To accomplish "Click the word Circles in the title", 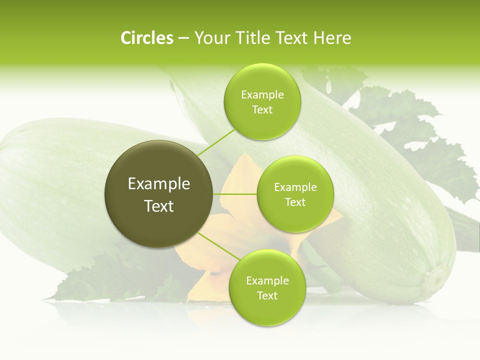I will pos(147,38).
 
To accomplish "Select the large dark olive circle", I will pos(159,194).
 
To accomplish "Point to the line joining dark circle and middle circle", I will pos(235,193).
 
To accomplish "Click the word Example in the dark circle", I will pos(159,184).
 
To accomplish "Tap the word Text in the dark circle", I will pos(159,206).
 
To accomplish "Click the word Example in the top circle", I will pos(262,95).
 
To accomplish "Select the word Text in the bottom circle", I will pos(267,295).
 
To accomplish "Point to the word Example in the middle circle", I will pos(295,187).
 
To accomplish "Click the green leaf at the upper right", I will pos(420,130).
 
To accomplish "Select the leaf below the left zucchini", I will pos(100,285).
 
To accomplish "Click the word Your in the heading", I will pos(209,38).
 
